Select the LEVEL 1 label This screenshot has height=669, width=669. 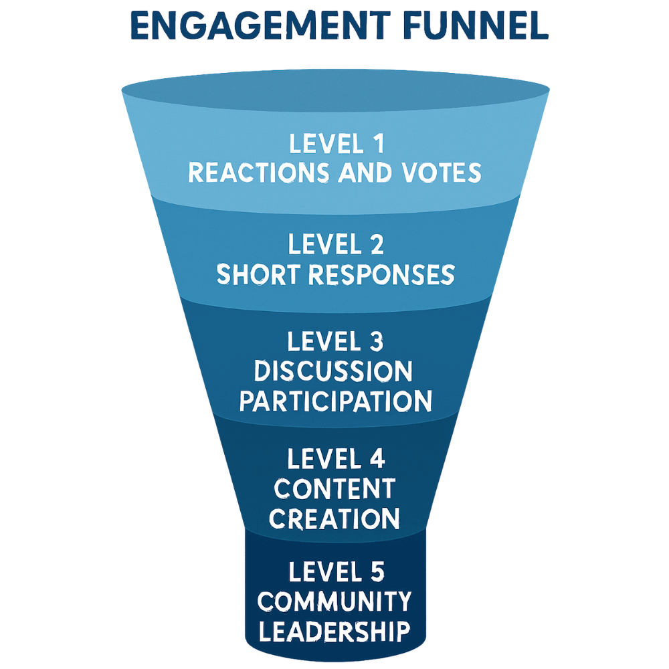point(334,144)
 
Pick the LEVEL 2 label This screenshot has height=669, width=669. point(334,246)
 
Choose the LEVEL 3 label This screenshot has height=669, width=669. point(334,342)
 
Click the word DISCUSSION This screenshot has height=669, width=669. point(333,371)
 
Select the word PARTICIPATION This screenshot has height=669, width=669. point(335,401)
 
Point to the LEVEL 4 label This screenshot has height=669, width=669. point(334,460)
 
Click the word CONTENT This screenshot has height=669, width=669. point(334,489)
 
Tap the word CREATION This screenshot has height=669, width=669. point(335,518)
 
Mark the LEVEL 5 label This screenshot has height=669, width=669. point(334,572)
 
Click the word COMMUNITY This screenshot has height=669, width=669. point(334,601)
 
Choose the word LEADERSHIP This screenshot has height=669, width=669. point(334,631)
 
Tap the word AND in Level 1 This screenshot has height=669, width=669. point(366,173)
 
